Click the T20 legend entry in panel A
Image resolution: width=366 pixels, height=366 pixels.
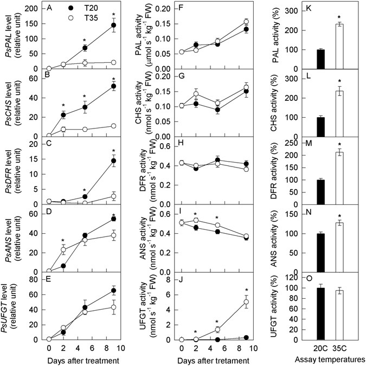pyautogui.click(x=80, y=10)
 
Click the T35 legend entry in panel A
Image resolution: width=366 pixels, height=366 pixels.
pyautogui.click(x=80, y=20)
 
